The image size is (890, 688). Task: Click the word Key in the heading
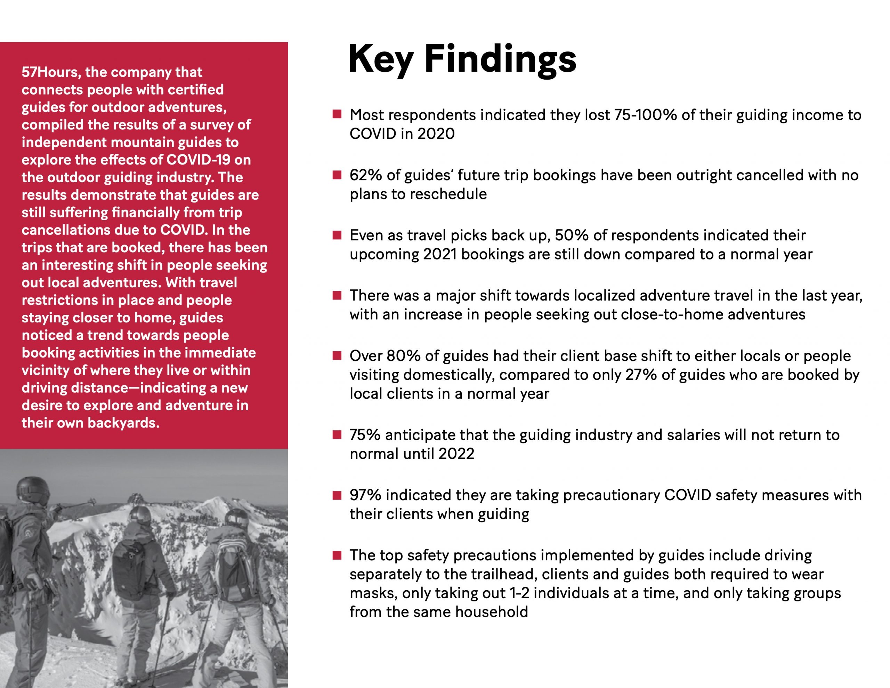[x=381, y=60]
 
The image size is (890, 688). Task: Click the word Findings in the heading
[x=500, y=60]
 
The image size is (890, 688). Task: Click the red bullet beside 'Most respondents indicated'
[x=337, y=114]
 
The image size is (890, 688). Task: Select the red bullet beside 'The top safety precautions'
[x=337, y=555]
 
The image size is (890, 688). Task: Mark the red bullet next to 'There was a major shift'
[x=337, y=295]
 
